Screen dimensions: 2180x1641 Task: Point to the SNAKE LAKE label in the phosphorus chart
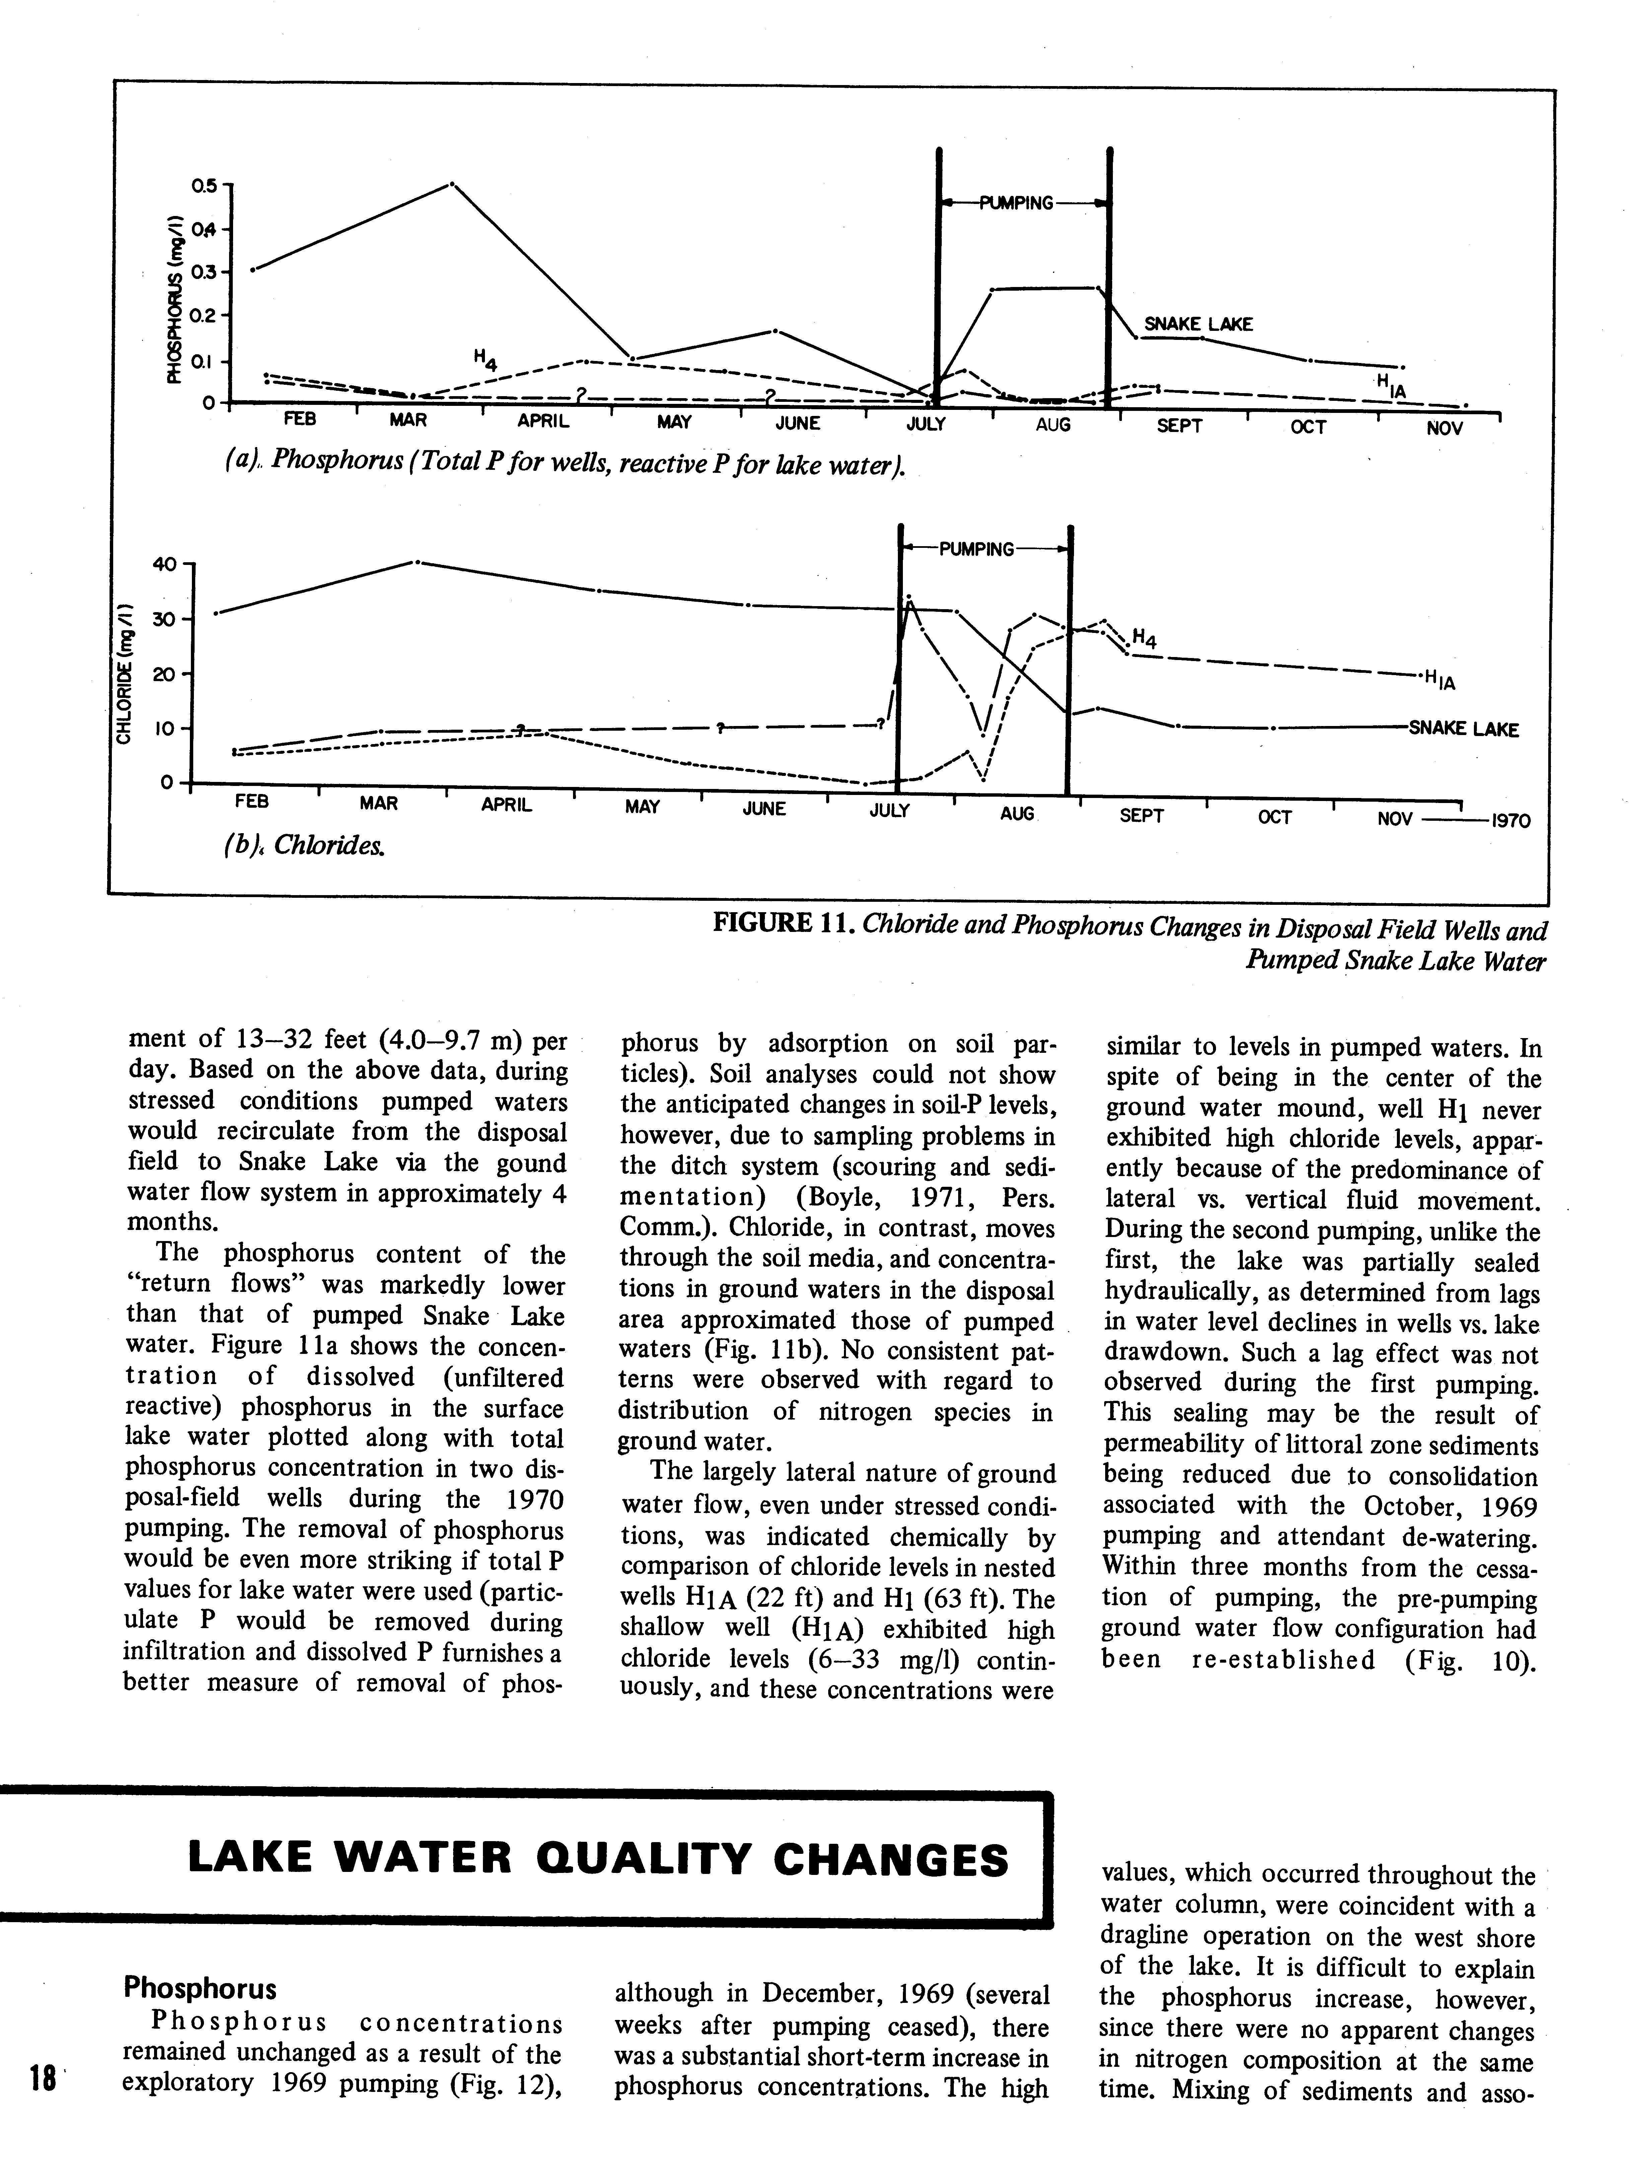[x=1198, y=324]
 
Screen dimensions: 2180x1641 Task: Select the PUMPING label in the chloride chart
[x=976, y=549]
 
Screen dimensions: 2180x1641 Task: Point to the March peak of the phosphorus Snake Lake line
[x=451, y=183]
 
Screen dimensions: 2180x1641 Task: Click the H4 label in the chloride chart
[x=1143, y=639]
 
